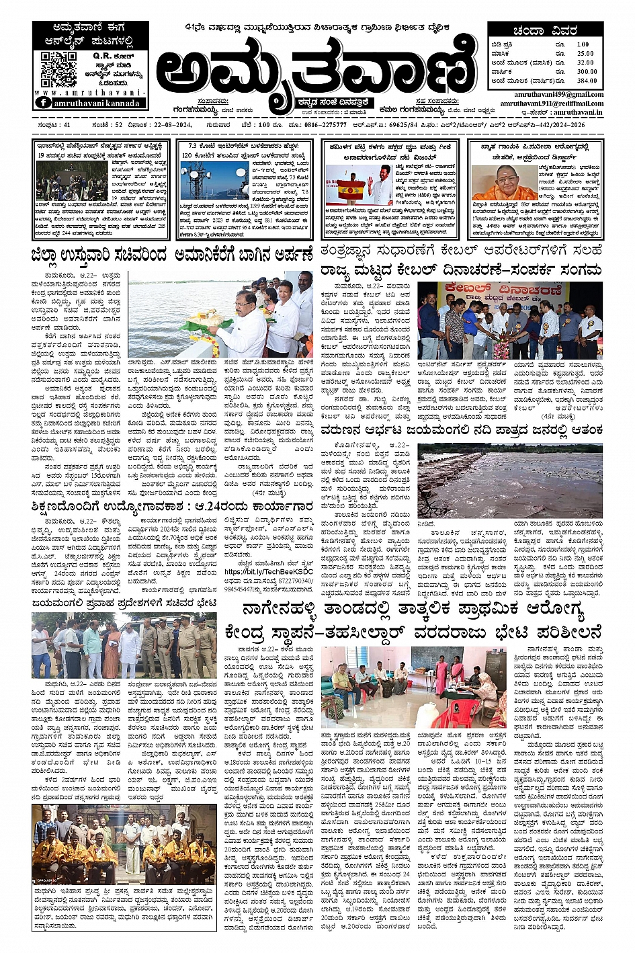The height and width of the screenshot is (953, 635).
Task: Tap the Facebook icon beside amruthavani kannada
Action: coord(43,103)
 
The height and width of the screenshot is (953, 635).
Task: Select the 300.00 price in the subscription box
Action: coord(586,71)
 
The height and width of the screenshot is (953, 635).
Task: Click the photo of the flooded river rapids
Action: coord(510,480)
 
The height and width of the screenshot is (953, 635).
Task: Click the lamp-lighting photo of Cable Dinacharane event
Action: coord(509,321)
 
